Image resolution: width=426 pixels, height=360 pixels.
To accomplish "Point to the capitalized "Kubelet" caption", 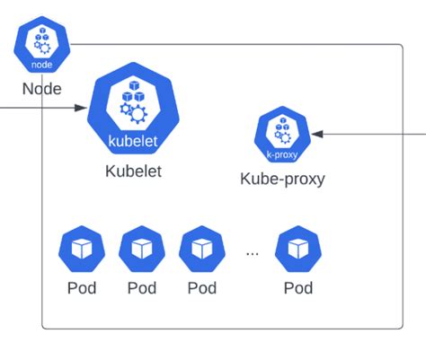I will coord(134,171).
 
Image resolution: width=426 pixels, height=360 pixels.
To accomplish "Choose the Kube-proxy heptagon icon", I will coord(281,135).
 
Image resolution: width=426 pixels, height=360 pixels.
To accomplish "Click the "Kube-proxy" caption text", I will coord(282,178).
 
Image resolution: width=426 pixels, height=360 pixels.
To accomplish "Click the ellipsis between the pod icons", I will coord(252,252).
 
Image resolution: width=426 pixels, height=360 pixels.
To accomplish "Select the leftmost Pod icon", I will coord(81,250).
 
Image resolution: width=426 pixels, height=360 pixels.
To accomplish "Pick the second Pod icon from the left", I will coord(142,250).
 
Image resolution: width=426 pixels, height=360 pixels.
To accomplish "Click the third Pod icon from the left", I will coord(202,250).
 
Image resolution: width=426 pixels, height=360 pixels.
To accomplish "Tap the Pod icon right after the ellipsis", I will coord(298,250).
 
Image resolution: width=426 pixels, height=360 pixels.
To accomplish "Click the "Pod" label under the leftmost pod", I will coord(81,288).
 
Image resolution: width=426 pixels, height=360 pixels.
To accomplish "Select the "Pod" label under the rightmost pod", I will coord(298,288).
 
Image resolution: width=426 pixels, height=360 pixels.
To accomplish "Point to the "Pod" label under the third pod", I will coord(202,288).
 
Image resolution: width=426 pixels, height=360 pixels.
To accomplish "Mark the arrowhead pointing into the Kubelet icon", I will coord(80,108).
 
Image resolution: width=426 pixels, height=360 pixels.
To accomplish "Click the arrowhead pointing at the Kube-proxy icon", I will coord(317,134).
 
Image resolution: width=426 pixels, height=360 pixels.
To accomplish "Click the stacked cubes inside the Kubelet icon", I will coord(130,91).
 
